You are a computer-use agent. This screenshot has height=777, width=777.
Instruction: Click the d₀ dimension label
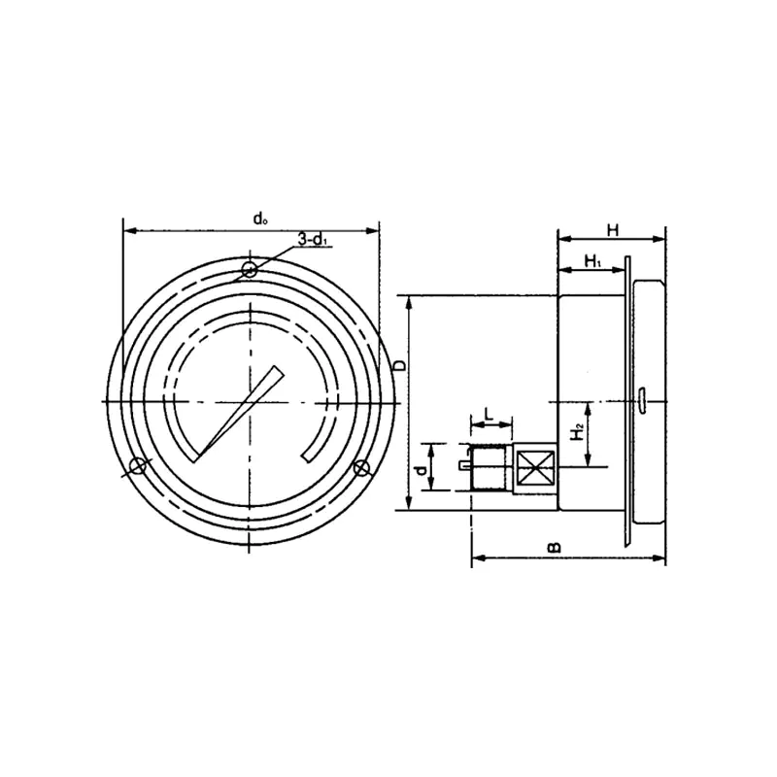(x=260, y=219)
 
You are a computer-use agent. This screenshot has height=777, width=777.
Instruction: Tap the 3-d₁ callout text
(x=313, y=239)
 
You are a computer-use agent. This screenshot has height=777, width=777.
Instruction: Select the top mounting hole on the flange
(x=250, y=270)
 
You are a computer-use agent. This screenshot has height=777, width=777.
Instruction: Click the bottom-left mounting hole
(x=137, y=466)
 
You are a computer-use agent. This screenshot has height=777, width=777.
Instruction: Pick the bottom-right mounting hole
(x=362, y=467)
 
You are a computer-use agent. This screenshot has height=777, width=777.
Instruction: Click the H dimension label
(x=613, y=230)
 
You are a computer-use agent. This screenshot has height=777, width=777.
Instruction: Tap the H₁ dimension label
(x=592, y=261)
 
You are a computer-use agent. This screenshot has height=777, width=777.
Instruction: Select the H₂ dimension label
(x=577, y=432)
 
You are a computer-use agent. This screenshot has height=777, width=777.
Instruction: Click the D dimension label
(x=399, y=366)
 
